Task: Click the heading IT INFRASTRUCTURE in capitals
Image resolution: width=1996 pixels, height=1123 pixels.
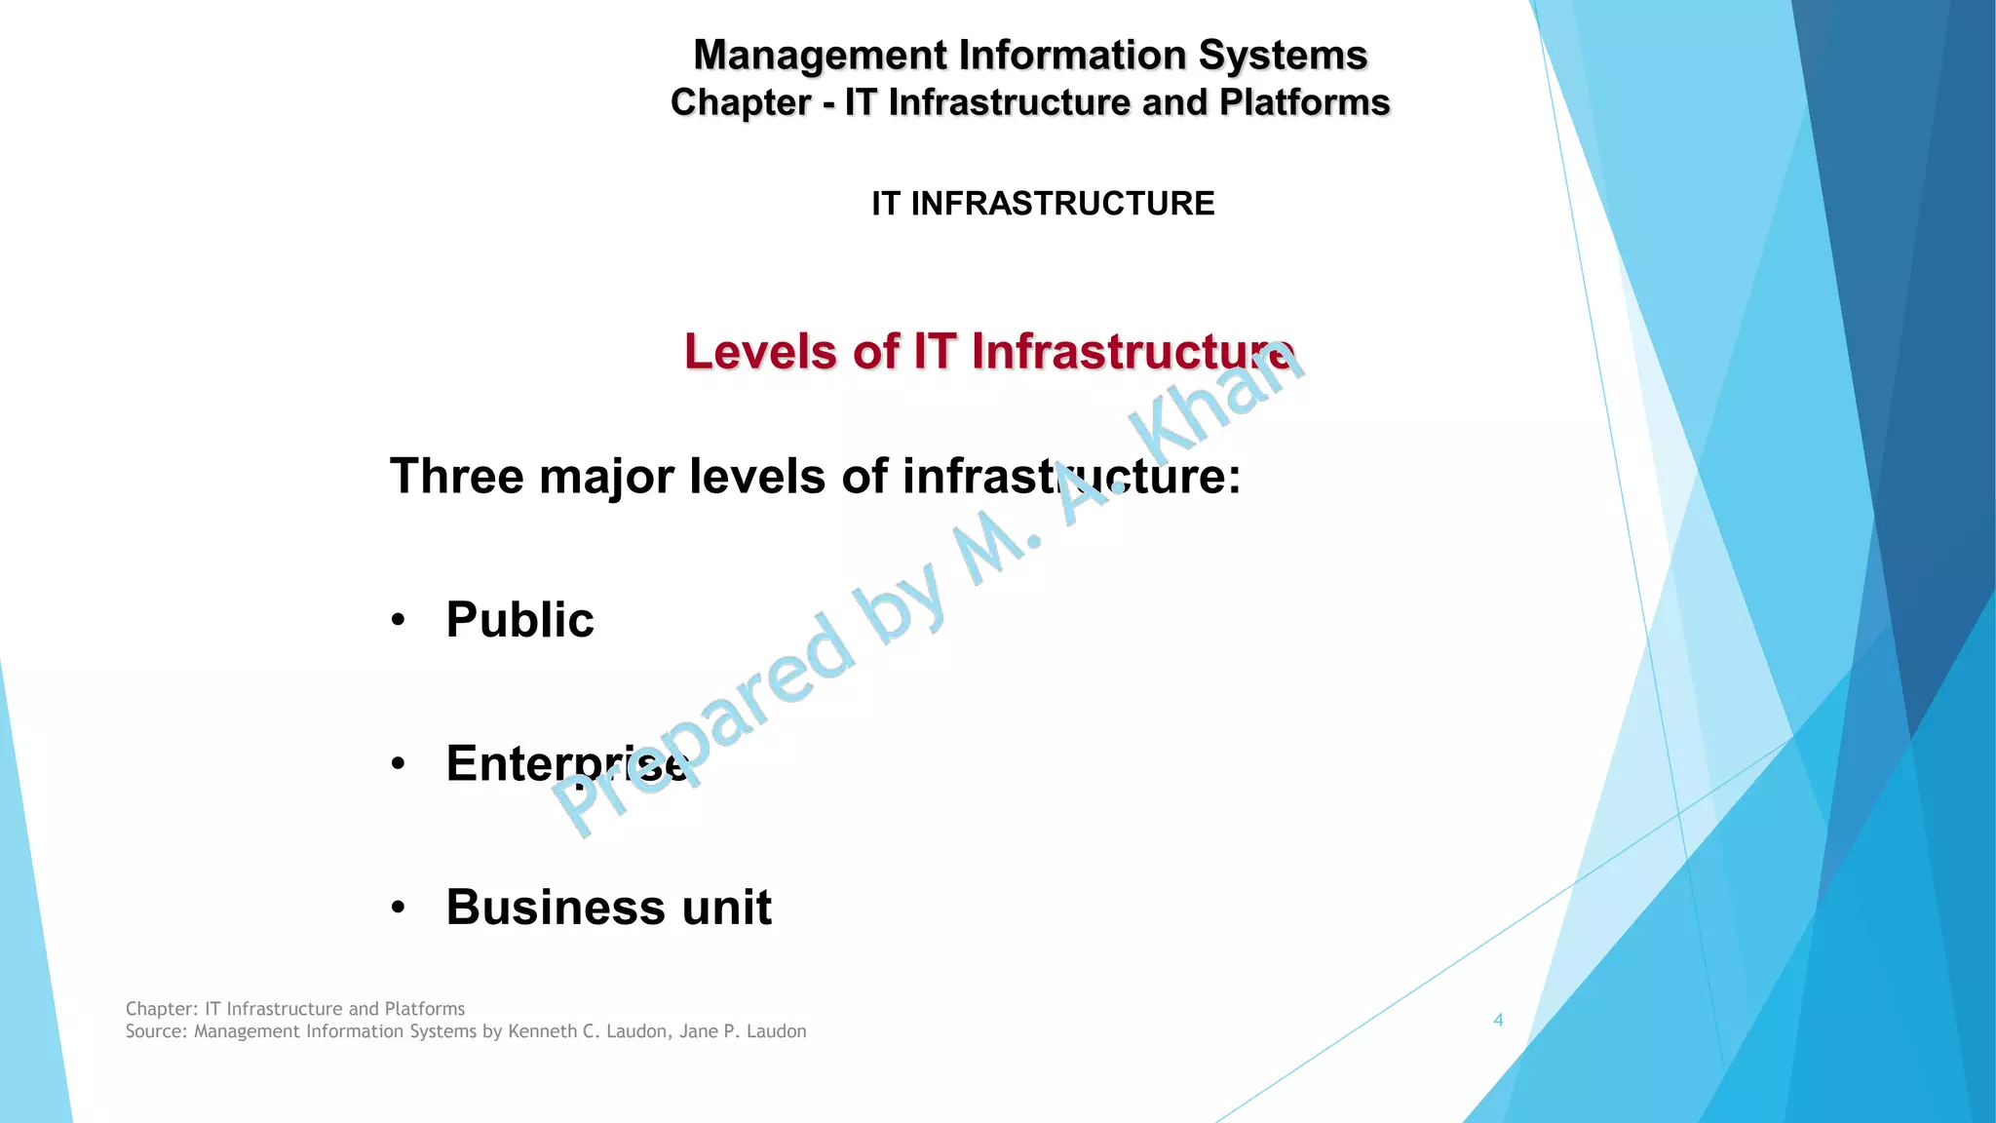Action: [1043, 204]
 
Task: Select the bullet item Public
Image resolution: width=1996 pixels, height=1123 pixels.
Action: [519, 620]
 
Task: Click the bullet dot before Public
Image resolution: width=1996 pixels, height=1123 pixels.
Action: [398, 621]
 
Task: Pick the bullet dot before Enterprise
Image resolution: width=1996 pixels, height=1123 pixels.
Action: [398, 764]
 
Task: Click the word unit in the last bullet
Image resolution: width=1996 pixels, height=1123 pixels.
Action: [726, 908]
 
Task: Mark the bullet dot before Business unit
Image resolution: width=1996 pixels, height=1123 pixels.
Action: [398, 909]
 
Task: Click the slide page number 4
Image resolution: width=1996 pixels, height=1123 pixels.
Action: [1498, 1021]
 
